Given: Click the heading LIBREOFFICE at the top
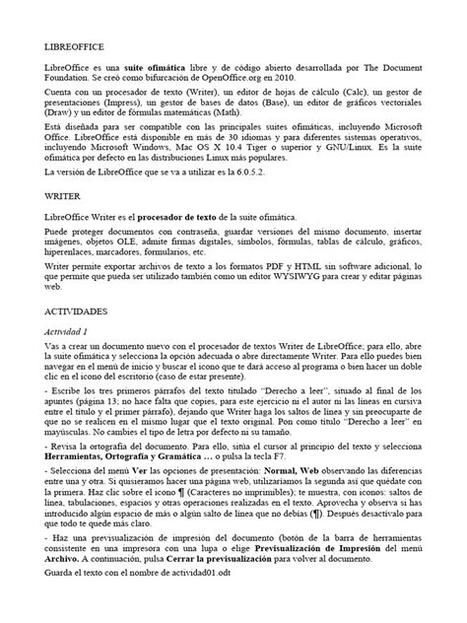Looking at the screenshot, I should coord(75,46).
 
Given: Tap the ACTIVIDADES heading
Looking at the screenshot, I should coord(78,308).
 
